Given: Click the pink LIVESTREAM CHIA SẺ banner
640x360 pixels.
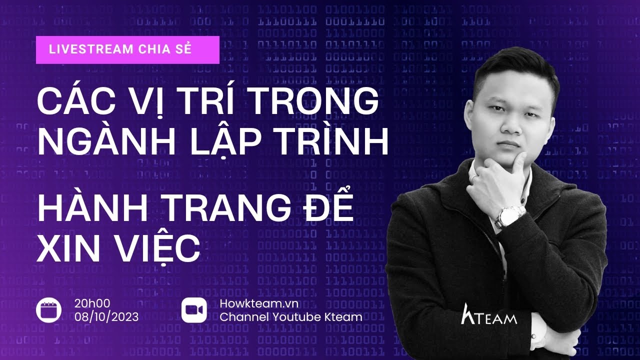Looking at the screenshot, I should pyautogui.click(x=127, y=50).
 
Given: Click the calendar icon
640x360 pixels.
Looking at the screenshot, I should pyautogui.click(x=49, y=310).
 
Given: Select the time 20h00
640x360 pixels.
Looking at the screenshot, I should pyautogui.click(x=92, y=303).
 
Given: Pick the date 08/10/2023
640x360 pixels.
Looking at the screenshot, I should pyautogui.click(x=107, y=316).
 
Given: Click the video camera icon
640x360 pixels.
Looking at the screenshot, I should pyautogui.click(x=194, y=310).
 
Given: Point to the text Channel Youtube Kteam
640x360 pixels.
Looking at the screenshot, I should pyautogui.click(x=291, y=316).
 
